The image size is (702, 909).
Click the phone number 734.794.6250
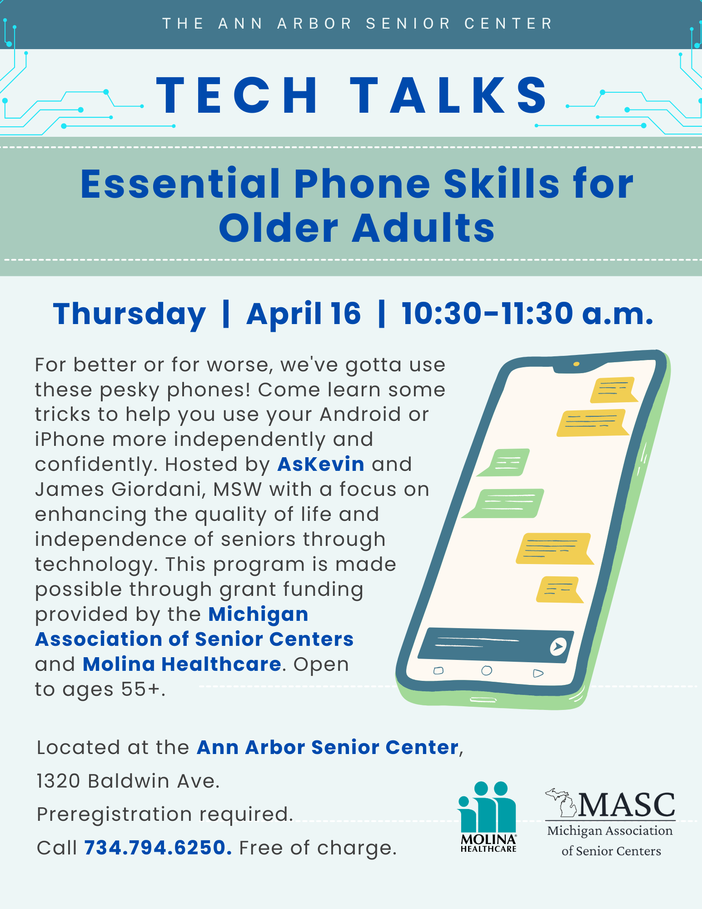158,848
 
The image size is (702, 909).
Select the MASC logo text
627,805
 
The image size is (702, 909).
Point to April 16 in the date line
304,314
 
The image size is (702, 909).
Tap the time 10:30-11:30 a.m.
528,314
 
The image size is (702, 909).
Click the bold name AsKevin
321,464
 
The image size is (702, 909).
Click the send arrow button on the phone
558,646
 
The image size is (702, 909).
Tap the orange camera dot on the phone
576,364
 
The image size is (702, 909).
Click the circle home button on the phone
487,670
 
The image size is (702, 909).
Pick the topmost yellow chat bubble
613,390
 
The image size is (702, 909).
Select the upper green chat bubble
503,462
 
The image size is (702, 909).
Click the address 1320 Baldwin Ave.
128,781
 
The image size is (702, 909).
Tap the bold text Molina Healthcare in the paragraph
182,664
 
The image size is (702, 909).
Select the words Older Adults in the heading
357,227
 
